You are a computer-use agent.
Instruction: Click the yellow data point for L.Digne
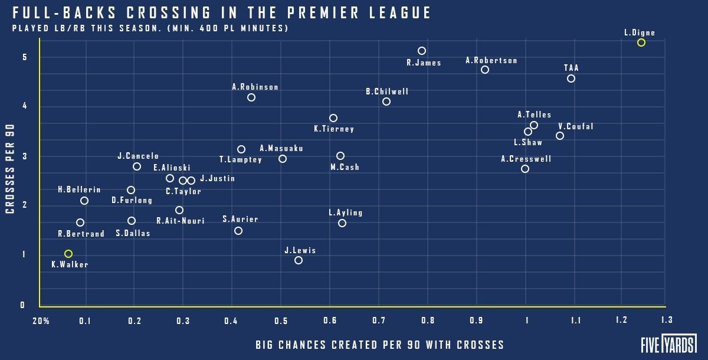coord(641,42)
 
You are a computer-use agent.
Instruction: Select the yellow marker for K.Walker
coord(68,254)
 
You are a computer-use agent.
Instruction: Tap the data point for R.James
coord(421,51)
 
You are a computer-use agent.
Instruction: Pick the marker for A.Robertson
coord(485,70)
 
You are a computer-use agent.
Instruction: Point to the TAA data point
coord(571,78)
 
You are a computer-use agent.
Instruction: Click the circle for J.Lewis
coord(299,260)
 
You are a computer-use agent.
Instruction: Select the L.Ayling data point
coord(342,223)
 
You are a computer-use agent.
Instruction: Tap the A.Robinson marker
coord(251,97)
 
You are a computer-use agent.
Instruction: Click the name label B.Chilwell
coord(387,91)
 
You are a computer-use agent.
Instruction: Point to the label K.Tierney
coord(334,129)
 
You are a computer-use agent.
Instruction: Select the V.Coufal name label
coord(576,126)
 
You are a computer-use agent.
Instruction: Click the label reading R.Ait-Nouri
coord(181,221)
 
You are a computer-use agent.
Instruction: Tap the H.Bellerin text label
coord(79,189)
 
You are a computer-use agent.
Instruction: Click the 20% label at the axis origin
coord(41,321)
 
